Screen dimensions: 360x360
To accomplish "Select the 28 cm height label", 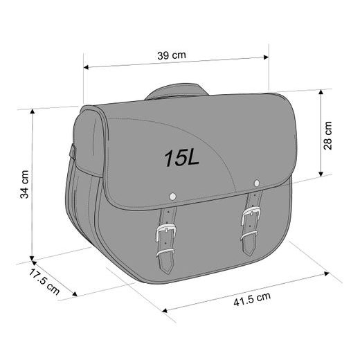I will click(328, 135).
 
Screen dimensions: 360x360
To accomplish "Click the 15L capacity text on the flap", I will click(181, 158).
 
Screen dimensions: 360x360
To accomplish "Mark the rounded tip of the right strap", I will click(249, 250).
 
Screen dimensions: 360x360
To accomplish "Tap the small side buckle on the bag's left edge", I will click(73, 151).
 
